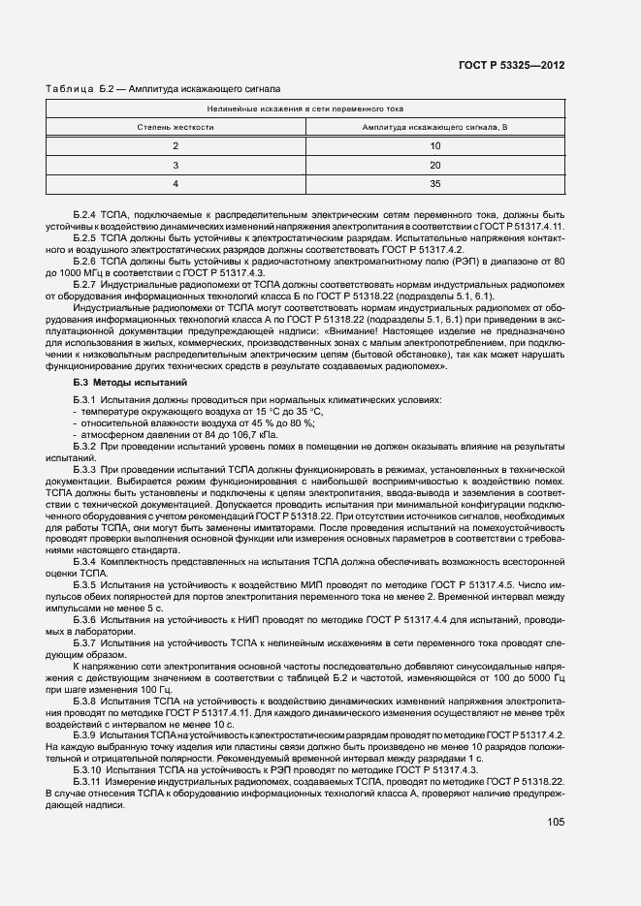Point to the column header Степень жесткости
tap(175, 127)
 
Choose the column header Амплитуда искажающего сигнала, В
tap(433, 127)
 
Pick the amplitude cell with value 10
tap(434, 146)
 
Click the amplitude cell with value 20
tap(434, 165)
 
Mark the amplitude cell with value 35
tap(434, 183)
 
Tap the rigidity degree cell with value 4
tap(176, 183)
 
